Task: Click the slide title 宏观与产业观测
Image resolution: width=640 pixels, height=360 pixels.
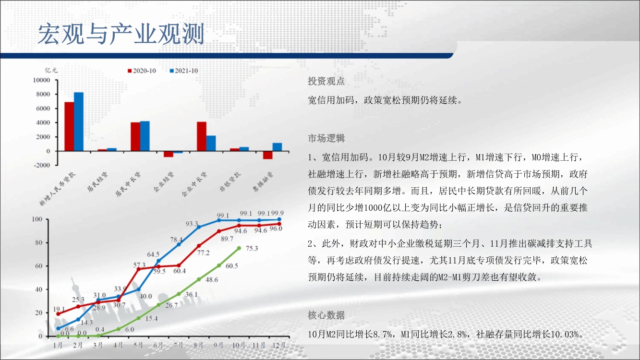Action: coord(121,34)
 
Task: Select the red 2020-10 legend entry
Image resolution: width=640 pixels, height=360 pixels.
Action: coord(142,71)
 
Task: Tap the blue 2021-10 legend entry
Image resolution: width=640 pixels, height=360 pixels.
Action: coord(184,71)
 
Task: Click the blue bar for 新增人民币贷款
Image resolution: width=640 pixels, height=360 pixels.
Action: coord(79,121)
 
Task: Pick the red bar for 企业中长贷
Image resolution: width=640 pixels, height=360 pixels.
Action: coord(202,136)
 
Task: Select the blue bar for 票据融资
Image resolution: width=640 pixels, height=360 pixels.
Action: coord(277,147)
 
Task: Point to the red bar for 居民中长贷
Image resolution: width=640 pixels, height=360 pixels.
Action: coord(135,137)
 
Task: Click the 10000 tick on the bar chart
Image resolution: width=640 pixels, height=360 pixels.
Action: coord(42,80)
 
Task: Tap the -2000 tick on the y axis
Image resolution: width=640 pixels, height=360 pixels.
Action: coord(42,165)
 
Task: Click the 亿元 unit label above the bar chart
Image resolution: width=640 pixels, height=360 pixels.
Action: coord(51,70)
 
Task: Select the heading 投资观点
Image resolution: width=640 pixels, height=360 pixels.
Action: coord(326,81)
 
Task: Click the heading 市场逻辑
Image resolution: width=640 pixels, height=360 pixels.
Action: coord(326,138)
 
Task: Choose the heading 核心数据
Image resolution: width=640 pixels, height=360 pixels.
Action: coord(326,315)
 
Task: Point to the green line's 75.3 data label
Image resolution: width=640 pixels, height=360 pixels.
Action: coord(252,249)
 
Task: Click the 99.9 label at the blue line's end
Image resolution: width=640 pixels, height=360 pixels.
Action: coord(277,213)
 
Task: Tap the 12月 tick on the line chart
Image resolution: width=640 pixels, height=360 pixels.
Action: coord(279,345)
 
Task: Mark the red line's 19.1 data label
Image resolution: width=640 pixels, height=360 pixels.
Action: coord(59,309)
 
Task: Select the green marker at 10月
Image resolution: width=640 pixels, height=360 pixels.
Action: coord(239,248)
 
